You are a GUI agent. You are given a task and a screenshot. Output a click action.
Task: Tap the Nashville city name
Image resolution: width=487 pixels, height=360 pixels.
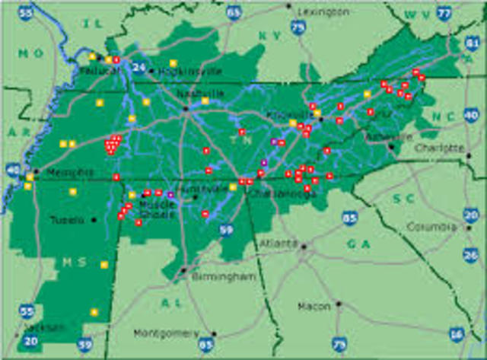click(201, 93)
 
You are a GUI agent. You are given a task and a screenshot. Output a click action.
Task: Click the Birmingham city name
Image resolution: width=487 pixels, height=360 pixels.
click(223, 277)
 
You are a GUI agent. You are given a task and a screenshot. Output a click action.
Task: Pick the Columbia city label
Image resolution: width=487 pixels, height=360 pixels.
click(431, 226)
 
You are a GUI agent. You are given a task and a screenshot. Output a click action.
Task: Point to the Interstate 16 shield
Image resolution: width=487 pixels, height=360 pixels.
click(456, 333)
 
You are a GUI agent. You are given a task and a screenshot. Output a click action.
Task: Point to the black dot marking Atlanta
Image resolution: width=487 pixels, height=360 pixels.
click(303, 246)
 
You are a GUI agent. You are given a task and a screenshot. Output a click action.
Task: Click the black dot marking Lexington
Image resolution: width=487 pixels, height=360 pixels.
click(289, 6)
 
